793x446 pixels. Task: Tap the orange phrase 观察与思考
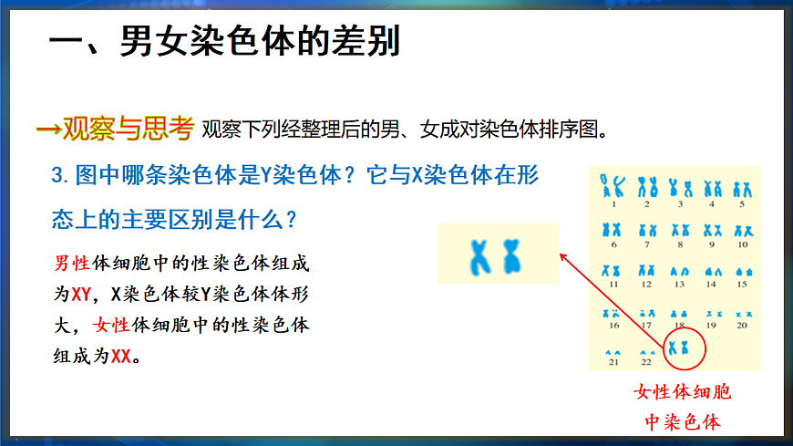(x=127, y=129)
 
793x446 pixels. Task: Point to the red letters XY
(x=81, y=295)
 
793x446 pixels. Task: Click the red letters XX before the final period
(x=121, y=356)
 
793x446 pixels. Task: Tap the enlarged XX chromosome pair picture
(x=496, y=254)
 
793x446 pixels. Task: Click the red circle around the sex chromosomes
(x=679, y=347)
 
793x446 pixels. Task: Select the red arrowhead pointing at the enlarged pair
(x=562, y=258)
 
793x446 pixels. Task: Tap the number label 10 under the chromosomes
(x=742, y=244)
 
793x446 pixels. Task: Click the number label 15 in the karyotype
(x=742, y=285)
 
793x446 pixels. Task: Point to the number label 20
(x=742, y=325)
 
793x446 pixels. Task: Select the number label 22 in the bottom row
(x=646, y=363)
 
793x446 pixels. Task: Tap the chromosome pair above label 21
(x=614, y=352)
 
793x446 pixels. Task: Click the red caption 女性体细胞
(x=683, y=393)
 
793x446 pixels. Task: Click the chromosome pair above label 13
(x=678, y=271)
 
